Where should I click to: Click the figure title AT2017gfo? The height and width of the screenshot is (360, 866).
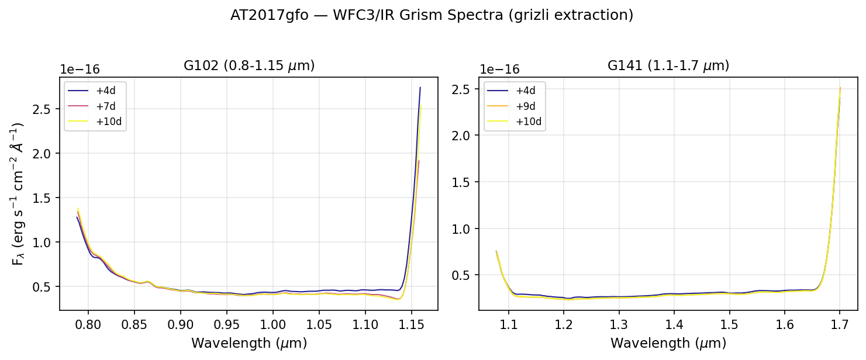[432, 16]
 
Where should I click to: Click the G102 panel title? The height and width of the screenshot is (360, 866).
[249, 66]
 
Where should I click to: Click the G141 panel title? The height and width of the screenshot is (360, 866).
[668, 66]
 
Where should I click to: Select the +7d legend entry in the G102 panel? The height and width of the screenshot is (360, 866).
[106, 106]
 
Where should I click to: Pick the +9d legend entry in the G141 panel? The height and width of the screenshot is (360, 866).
[525, 106]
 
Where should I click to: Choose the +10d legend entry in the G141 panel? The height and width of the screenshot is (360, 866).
[527, 121]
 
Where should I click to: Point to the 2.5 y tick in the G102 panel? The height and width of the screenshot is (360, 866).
[49, 109]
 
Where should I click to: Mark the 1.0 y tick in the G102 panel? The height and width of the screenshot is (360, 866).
[49, 242]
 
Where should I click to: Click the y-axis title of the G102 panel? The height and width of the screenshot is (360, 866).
[18, 193]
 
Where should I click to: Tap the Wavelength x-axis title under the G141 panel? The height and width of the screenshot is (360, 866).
[668, 343]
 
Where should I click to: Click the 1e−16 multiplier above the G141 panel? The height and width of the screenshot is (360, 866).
[499, 68]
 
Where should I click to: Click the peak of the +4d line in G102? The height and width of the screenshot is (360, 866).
[420, 88]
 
